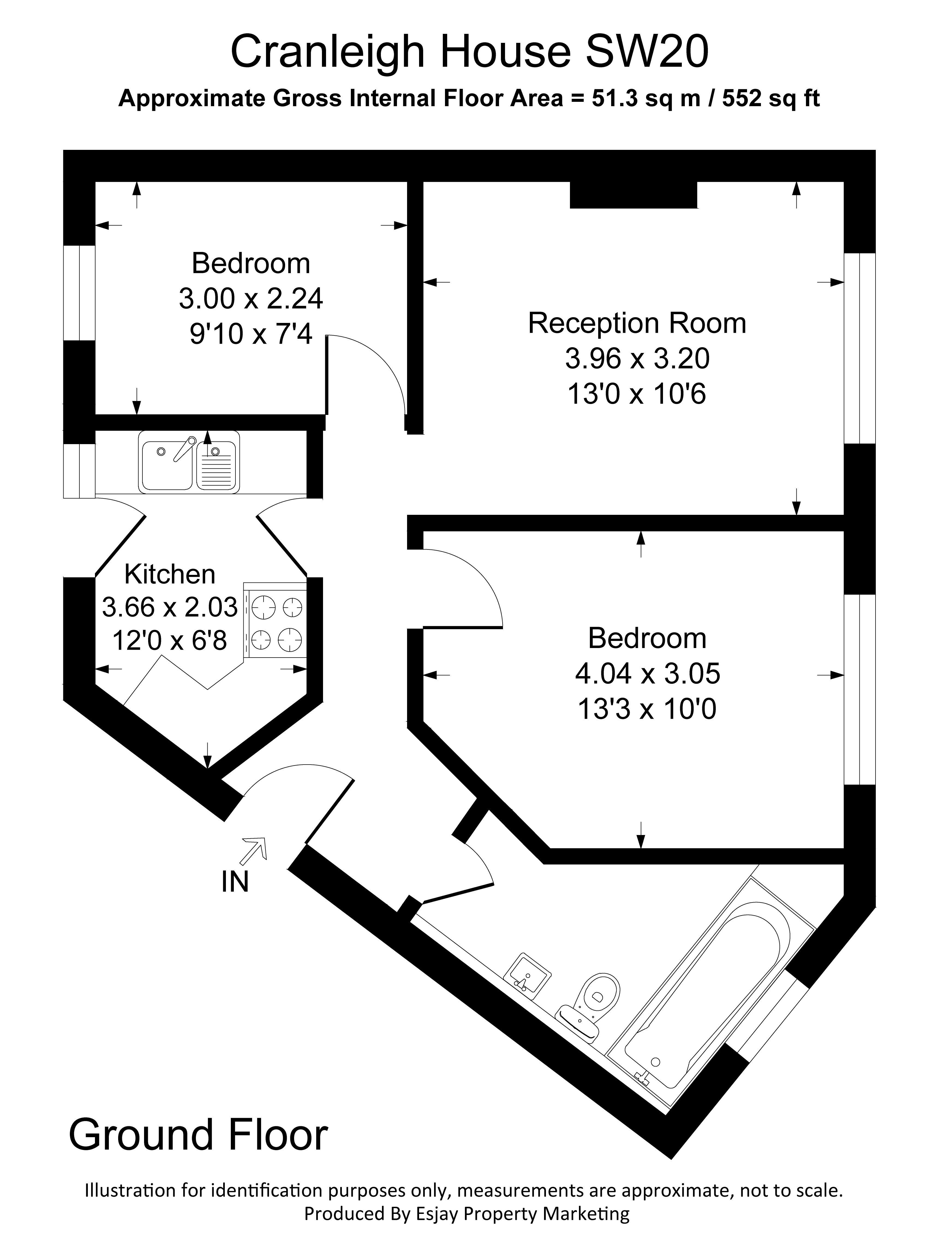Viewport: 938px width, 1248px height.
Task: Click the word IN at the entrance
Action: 235,882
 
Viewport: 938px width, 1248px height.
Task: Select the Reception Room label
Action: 637,323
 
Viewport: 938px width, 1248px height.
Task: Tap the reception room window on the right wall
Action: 859,348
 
